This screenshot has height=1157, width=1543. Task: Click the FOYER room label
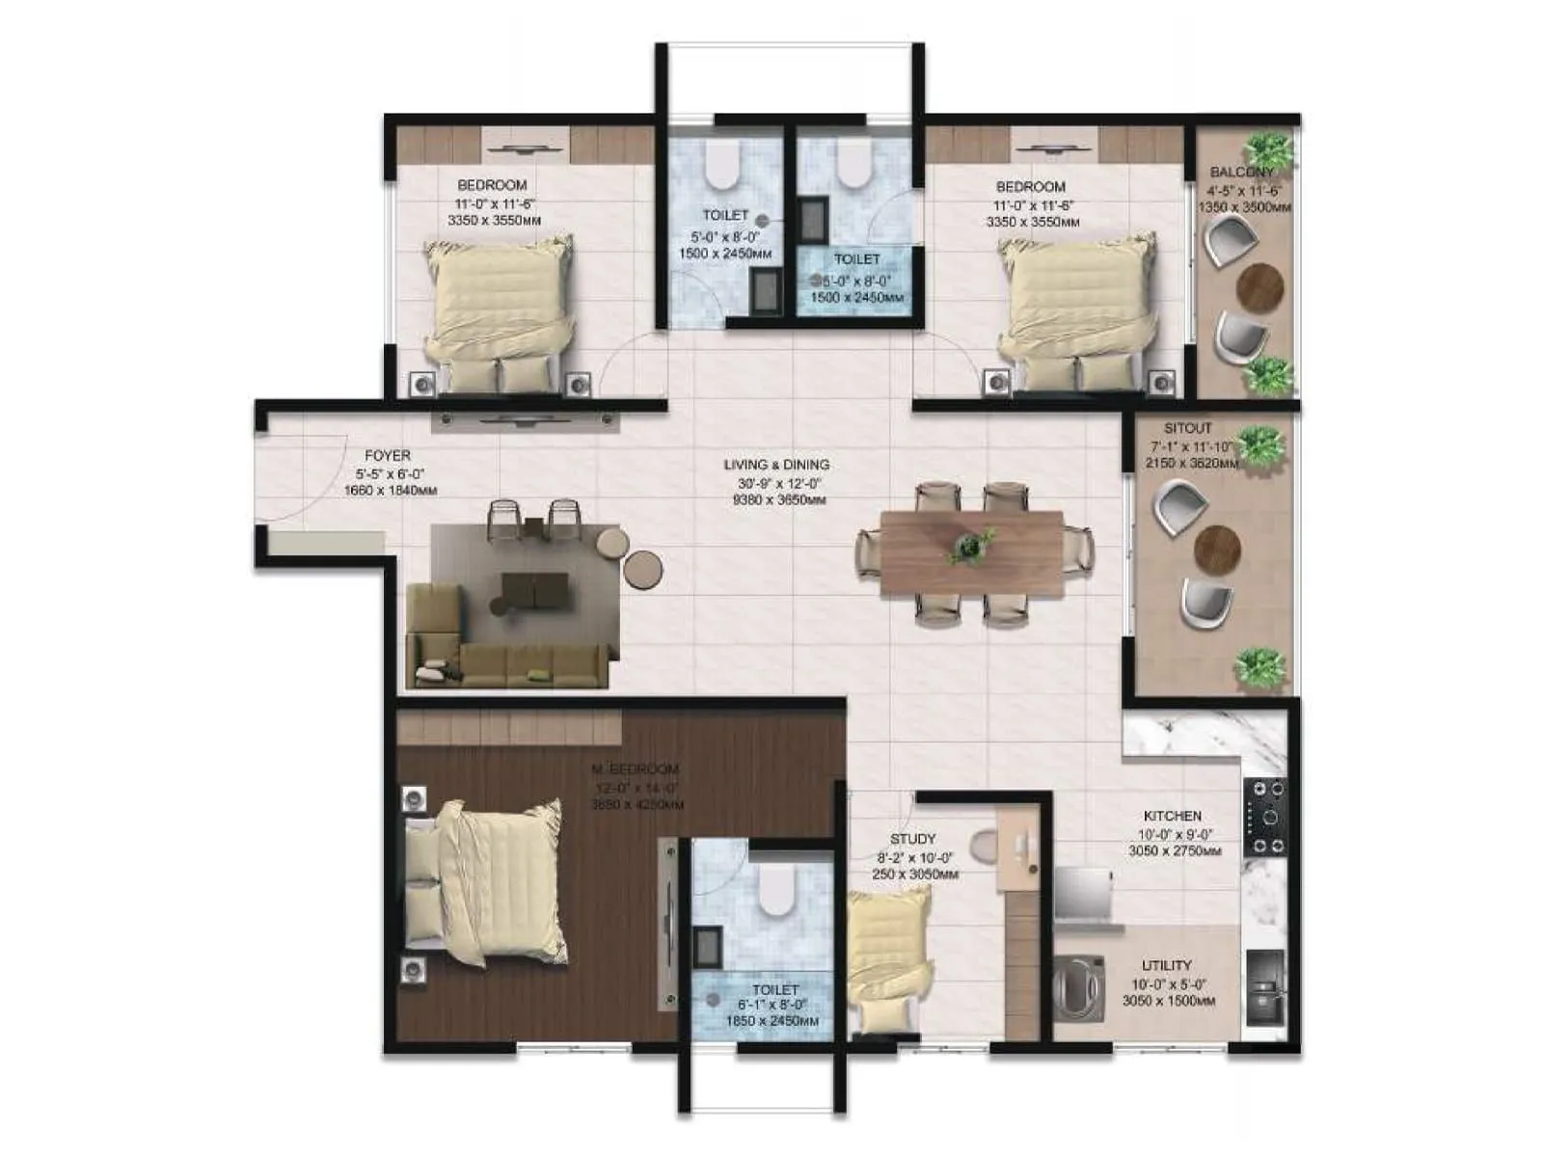pyautogui.click(x=388, y=456)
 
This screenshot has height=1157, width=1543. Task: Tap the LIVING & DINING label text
pyautogui.click(x=776, y=465)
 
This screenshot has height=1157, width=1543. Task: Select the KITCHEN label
pyautogui.click(x=1173, y=816)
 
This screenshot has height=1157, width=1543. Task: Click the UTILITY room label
pyautogui.click(x=1167, y=965)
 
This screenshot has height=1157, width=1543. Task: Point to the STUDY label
pyautogui.click(x=912, y=840)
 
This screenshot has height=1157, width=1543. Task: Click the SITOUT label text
pyautogui.click(x=1187, y=428)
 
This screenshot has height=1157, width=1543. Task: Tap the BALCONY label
pyautogui.click(x=1241, y=173)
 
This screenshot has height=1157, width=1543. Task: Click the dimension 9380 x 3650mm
pyautogui.click(x=778, y=500)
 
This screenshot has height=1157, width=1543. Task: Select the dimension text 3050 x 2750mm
pyautogui.click(x=1174, y=851)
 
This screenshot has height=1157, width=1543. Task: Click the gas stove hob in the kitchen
pyautogui.click(x=1264, y=818)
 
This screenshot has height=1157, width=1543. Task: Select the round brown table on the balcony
pyautogui.click(x=1259, y=285)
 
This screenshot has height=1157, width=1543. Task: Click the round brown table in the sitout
pyautogui.click(x=1217, y=549)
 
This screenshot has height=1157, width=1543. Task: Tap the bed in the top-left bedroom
pyautogui.click(x=498, y=313)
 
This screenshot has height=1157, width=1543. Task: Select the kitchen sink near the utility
pyautogui.click(x=1264, y=988)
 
